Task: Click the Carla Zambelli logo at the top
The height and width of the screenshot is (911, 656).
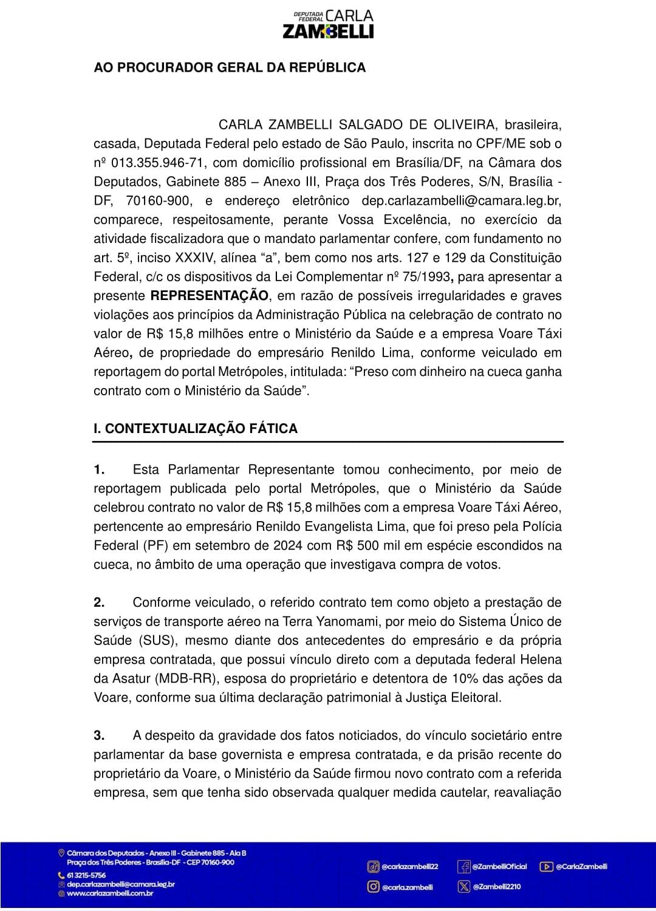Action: tap(328, 24)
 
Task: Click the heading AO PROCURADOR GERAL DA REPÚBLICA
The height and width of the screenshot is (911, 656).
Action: tap(230, 67)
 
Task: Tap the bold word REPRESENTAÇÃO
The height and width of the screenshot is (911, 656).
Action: tap(210, 296)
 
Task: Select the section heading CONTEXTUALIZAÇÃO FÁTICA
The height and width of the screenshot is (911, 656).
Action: tap(201, 428)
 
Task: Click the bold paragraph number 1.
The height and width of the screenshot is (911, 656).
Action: tap(100, 469)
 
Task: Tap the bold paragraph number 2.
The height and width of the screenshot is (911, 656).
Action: tap(100, 602)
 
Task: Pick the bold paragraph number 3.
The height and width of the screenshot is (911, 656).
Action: tap(100, 735)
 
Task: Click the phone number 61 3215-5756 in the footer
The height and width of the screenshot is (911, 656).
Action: tap(86, 875)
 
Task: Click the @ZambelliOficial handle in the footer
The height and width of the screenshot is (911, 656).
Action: tap(499, 867)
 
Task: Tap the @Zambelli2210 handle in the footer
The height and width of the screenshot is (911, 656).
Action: tap(496, 887)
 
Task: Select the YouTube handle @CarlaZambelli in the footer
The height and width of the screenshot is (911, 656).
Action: tap(581, 867)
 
